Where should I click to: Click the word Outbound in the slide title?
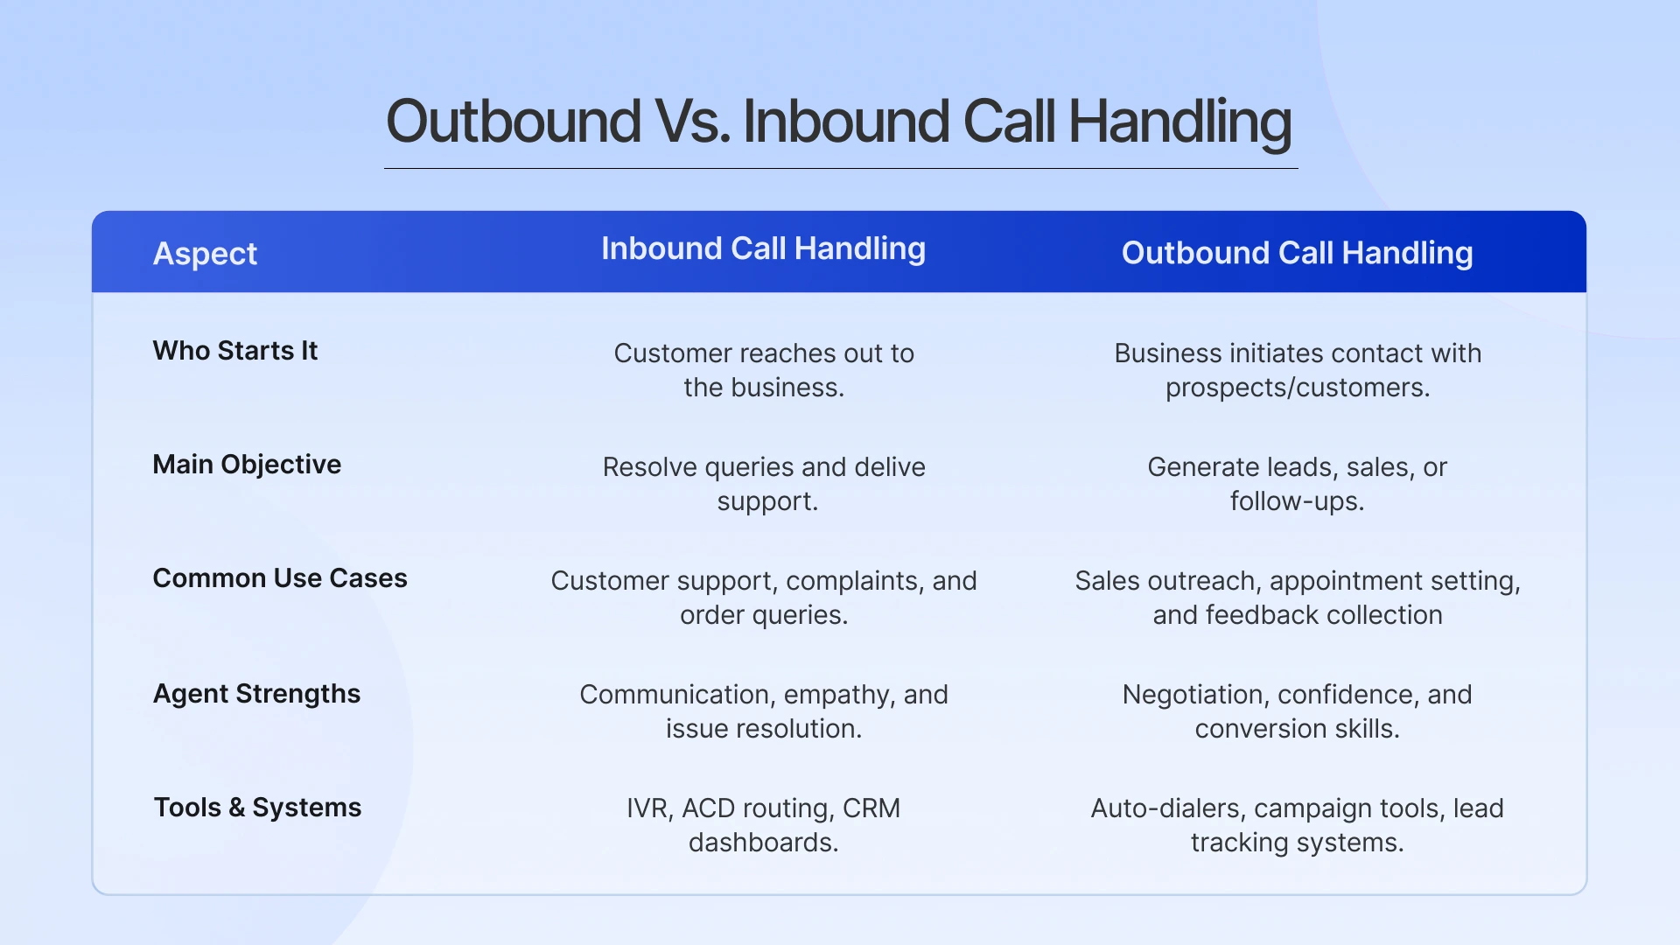(513, 122)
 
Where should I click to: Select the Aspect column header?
(205, 254)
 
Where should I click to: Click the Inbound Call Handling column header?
(763, 249)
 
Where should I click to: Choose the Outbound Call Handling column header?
(1297, 254)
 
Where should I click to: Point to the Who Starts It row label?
(234, 351)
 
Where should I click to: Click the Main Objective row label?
(247, 465)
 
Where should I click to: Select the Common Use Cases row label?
(280, 578)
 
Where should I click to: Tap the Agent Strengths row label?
(256, 694)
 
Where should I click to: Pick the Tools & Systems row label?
(257, 808)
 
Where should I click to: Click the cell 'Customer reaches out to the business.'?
(763, 370)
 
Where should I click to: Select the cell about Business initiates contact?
(1297, 370)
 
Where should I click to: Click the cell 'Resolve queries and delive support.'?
(763, 484)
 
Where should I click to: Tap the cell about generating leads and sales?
(1297, 484)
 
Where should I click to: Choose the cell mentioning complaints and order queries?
(763, 598)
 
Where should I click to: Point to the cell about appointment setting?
(1297, 598)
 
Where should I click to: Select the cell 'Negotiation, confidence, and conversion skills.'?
(1297, 711)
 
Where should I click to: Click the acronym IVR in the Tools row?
(647, 808)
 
